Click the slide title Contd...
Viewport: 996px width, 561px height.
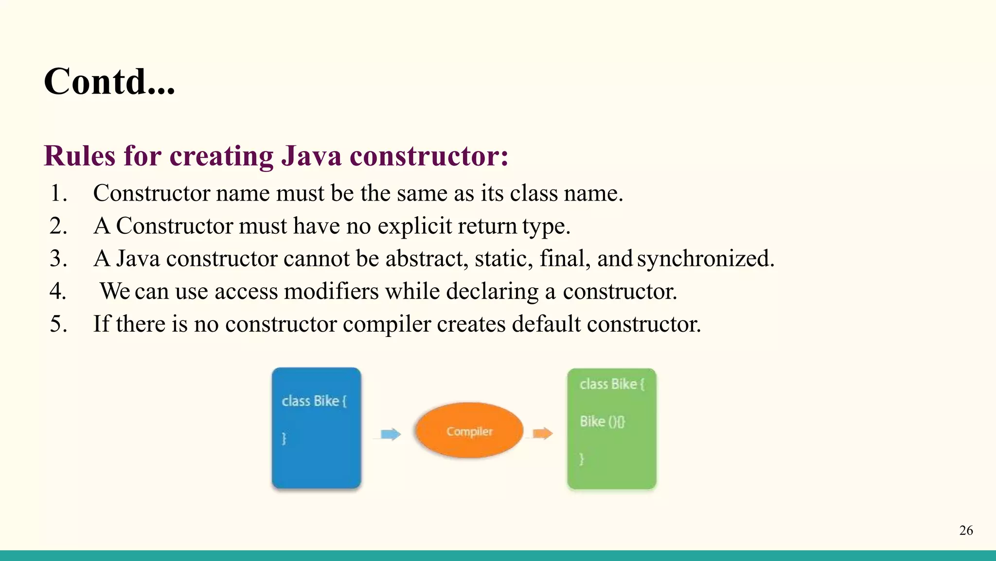pos(109,81)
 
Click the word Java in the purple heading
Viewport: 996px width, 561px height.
pos(311,156)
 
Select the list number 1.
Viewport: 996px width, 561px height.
pos(58,193)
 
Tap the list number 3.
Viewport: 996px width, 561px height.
pos(58,259)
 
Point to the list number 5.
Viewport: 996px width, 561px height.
pos(58,324)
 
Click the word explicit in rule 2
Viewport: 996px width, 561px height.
pos(414,226)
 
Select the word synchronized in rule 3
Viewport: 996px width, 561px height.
pos(705,259)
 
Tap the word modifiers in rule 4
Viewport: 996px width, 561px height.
pos(331,291)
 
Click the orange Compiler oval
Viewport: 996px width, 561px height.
pos(469,430)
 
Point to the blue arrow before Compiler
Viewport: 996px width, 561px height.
pos(391,434)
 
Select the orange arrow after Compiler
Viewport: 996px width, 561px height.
pos(543,433)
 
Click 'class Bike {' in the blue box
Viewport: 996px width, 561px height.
pos(314,401)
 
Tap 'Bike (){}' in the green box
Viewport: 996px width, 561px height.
pos(602,421)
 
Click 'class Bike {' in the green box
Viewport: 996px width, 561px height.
pos(612,384)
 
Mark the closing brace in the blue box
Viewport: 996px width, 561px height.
pos(285,438)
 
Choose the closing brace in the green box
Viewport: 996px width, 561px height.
pos(582,459)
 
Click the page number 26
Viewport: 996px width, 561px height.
pos(966,530)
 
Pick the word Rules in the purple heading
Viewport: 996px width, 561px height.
pos(80,156)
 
